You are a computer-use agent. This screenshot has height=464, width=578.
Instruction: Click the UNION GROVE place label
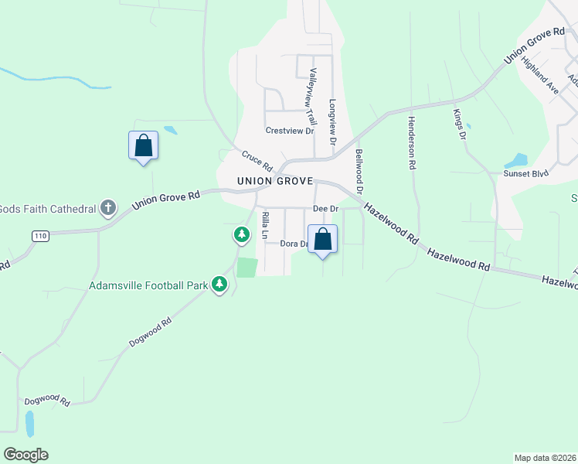[275, 181]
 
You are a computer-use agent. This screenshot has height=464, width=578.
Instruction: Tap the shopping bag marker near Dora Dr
[323, 239]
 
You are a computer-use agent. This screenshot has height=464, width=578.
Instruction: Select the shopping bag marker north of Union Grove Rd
[143, 145]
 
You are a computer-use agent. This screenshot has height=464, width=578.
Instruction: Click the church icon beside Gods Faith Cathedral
[108, 207]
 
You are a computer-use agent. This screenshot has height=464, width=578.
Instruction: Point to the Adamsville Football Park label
[148, 285]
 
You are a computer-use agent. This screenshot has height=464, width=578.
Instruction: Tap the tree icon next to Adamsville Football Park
[220, 285]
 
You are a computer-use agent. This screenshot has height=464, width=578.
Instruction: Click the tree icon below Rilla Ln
[242, 234]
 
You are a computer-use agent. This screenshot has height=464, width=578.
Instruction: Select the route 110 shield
[41, 235]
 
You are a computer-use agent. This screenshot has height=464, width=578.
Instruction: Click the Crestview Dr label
[290, 131]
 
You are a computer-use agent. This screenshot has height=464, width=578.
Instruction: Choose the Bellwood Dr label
[359, 172]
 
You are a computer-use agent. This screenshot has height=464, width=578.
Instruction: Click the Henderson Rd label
[413, 142]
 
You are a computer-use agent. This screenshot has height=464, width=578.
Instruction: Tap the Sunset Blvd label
[525, 173]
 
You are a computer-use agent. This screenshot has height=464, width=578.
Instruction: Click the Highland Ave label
[539, 74]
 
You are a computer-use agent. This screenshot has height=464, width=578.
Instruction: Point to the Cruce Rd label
[257, 161]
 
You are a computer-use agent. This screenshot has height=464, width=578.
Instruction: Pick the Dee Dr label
[325, 209]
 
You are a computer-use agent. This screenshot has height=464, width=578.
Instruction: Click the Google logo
[25, 455]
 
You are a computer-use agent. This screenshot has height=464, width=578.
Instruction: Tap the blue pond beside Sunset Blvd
[516, 161]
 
